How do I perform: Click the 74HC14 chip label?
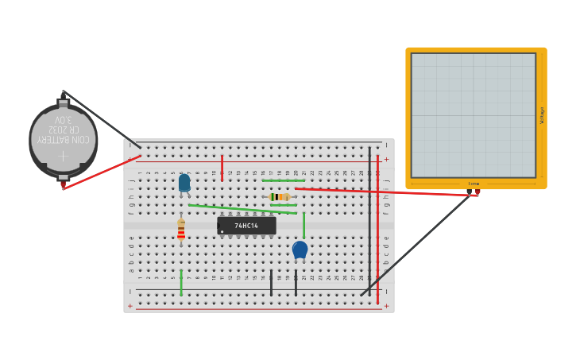[x=246, y=226]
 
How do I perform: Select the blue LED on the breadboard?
[x=184, y=183]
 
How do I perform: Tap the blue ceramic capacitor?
[x=300, y=250]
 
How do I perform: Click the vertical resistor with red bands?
[x=181, y=230]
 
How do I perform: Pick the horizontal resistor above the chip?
[x=280, y=196]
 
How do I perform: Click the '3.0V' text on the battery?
[x=64, y=119]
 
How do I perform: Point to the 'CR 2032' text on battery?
[x=64, y=129]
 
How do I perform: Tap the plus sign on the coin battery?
[x=63, y=156]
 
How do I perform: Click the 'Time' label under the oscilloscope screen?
[x=474, y=184]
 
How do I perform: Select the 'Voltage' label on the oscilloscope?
[x=542, y=115]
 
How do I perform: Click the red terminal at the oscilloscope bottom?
[x=477, y=192]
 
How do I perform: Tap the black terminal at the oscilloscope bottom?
[x=469, y=192]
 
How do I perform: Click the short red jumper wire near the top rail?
[x=222, y=168]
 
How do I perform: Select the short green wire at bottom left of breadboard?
[x=181, y=283]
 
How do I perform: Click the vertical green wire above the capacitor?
[x=303, y=225]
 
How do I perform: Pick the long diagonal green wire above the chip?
[x=242, y=209]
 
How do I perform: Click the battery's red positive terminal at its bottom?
[x=63, y=185]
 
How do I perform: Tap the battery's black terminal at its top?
[x=63, y=95]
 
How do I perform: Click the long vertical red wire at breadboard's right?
[x=377, y=230]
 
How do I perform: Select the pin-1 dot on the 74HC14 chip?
[x=222, y=231]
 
